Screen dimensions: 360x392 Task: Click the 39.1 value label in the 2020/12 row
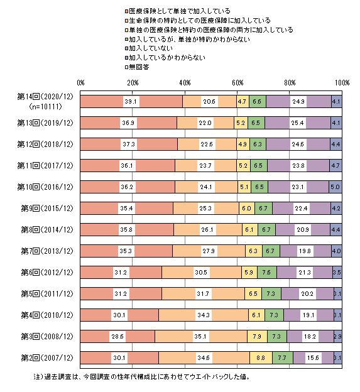click(x=131, y=102)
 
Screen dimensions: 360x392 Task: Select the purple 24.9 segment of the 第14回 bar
click(x=299, y=102)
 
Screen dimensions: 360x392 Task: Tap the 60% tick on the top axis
click(x=237, y=83)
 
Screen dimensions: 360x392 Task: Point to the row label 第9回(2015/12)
click(x=47, y=209)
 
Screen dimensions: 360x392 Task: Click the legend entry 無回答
click(x=139, y=67)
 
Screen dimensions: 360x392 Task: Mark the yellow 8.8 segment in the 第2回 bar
click(x=261, y=357)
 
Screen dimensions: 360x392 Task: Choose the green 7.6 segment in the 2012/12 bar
click(x=267, y=272)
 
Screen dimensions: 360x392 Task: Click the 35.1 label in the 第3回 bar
click(x=201, y=337)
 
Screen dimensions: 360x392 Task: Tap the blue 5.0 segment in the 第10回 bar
click(x=335, y=187)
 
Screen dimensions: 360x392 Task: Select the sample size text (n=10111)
click(x=45, y=107)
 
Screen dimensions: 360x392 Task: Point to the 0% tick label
click(x=80, y=83)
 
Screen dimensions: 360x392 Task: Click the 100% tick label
click(x=342, y=83)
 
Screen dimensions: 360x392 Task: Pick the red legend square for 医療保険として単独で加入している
click(x=126, y=11)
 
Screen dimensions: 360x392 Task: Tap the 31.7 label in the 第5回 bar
click(x=204, y=294)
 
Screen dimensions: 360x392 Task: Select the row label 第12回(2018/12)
click(x=45, y=144)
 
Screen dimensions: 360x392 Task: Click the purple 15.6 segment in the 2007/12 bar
click(x=314, y=357)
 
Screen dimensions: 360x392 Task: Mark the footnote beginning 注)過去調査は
click(x=142, y=376)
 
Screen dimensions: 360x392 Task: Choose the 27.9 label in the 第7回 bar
click(x=209, y=251)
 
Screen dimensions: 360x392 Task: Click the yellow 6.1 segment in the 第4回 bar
click(x=256, y=315)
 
